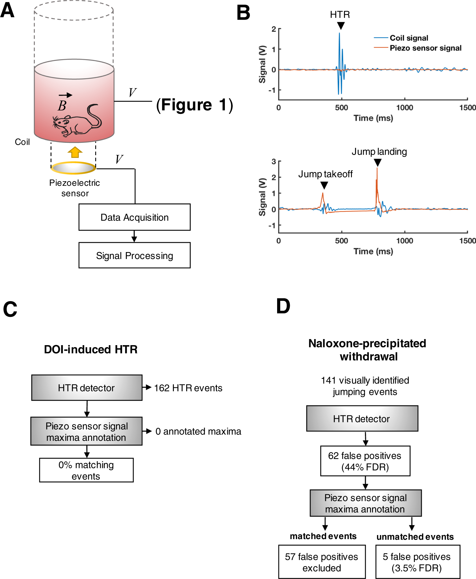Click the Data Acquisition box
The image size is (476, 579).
point(135,217)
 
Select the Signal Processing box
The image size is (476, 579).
point(135,255)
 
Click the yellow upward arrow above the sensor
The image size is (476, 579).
point(75,152)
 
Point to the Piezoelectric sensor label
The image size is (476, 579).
point(74,188)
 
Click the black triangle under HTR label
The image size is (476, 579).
point(341,26)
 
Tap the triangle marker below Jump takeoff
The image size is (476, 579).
point(324,185)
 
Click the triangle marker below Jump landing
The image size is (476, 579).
point(378,163)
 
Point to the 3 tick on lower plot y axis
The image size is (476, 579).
point(274,161)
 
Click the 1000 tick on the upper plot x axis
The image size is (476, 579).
point(404,108)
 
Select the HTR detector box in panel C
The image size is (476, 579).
point(87,388)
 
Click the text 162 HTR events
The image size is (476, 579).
point(188,388)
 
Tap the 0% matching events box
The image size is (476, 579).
point(86,470)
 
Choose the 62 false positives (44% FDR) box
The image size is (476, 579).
point(365,461)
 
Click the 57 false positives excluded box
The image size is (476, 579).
point(322,562)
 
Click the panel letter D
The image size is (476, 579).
point(283,306)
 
